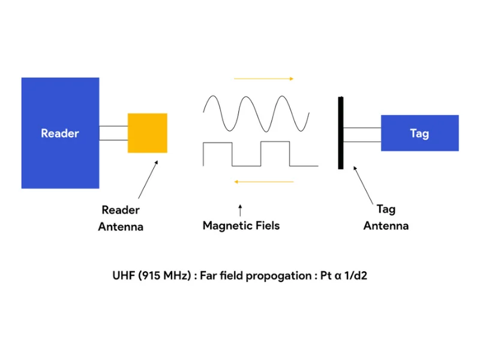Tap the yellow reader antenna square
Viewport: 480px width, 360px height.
(147, 133)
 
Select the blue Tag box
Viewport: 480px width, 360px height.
(419, 133)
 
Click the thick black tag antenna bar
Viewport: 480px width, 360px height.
(341, 132)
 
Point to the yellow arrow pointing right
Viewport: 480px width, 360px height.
(264, 79)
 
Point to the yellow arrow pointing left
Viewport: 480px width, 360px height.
(264, 181)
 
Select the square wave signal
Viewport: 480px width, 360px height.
(261, 154)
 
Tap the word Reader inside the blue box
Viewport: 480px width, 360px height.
(60, 133)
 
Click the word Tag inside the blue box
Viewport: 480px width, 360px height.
(419, 133)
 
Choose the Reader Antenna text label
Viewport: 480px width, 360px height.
(121, 218)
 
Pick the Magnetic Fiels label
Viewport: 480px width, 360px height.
(241, 226)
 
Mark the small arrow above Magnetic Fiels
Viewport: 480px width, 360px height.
(240, 210)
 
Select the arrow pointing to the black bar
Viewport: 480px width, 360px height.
(365, 184)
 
